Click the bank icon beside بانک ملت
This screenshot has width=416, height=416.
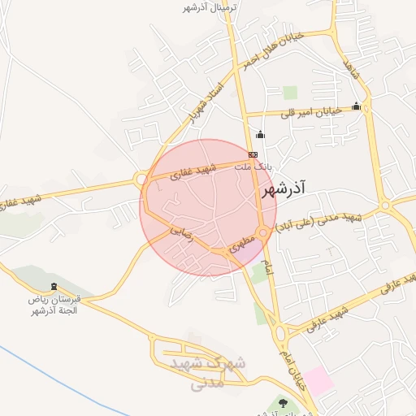(x=253, y=154)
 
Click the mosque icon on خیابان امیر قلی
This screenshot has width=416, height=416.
(x=356, y=106)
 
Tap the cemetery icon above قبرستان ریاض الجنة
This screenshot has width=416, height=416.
(x=54, y=287)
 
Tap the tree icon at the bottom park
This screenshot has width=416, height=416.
(x=283, y=402)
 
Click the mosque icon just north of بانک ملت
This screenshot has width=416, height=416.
(x=260, y=135)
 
